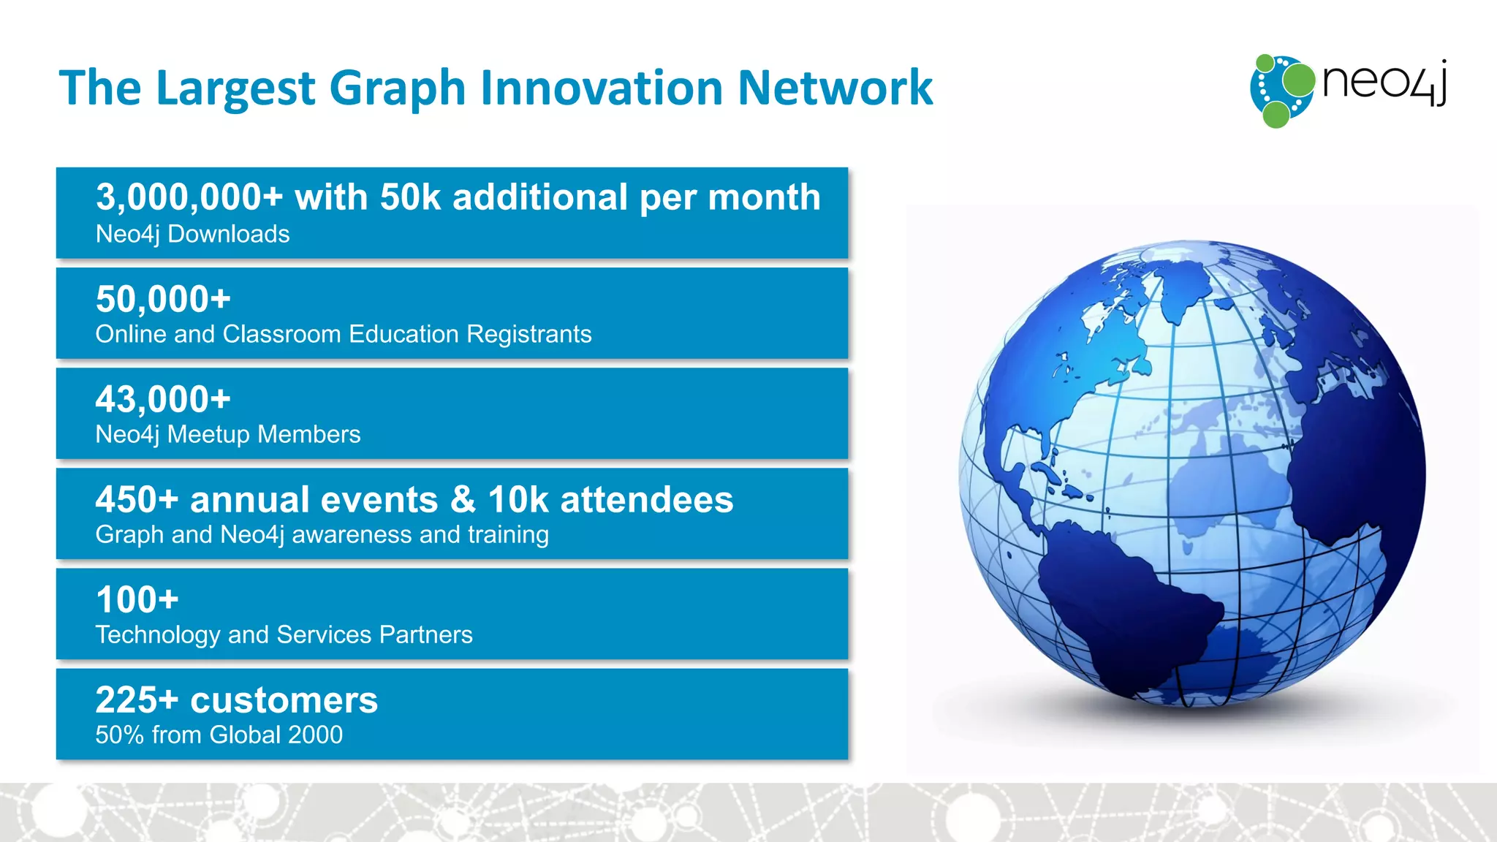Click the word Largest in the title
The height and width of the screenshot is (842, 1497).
[x=238, y=89]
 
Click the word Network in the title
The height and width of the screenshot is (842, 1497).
[x=835, y=88]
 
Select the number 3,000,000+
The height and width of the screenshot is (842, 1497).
[x=189, y=198]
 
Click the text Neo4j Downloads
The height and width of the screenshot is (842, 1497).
[x=192, y=235]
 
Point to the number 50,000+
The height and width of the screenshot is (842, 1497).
[x=163, y=300]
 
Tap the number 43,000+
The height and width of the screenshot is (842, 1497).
[x=163, y=400]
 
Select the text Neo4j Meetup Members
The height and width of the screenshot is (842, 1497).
[x=227, y=434]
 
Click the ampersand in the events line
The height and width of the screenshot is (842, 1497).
[x=463, y=500]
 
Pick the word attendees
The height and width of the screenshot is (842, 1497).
[x=646, y=500]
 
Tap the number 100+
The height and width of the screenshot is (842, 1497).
[x=137, y=600]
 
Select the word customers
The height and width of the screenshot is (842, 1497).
[x=284, y=700]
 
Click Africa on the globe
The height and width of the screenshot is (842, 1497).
[x=1352, y=475]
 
